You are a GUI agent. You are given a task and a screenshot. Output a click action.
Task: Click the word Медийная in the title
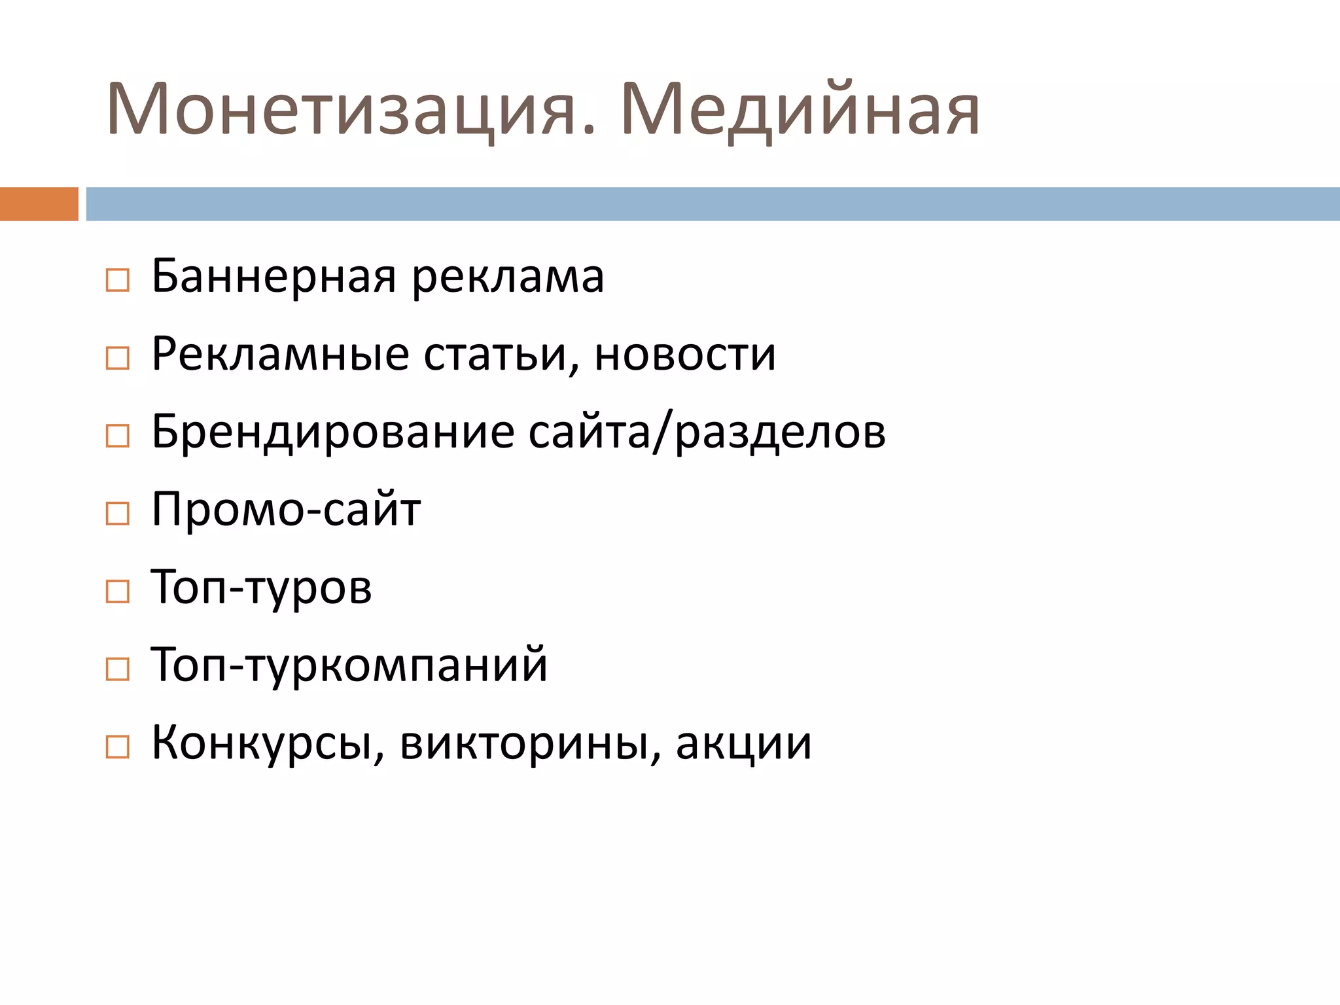[x=800, y=110]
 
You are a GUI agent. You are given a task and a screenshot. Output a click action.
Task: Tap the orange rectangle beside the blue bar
[x=39, y=204]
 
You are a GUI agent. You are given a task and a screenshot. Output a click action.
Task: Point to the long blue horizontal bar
[x=713, y=204]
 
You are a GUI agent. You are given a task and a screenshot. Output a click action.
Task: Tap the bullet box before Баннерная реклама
[x=118, y=281]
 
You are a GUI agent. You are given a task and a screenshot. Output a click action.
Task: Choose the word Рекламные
[x=280, y=355]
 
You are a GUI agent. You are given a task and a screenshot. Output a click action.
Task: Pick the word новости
[x=685, y=355]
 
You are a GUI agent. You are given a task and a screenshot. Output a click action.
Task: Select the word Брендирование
[x=332, y=432]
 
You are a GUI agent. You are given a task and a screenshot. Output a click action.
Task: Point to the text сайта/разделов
[x=707, y=432]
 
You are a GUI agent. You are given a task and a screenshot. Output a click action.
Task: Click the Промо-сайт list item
[x=286, y=510]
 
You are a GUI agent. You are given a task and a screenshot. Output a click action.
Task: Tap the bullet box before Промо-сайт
[x=118, y=514]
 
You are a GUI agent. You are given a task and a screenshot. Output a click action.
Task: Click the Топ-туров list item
[x=261, y=588]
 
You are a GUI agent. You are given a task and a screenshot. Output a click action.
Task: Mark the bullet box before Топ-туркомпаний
[x=118, y=669]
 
